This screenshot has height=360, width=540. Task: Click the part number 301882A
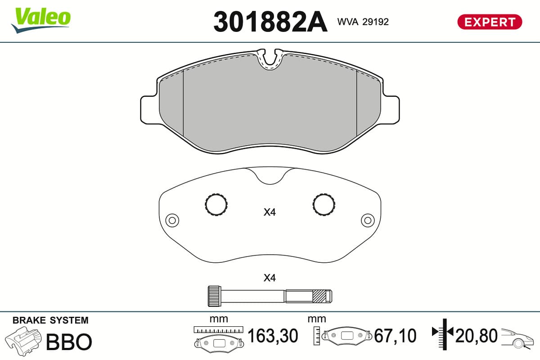(270, 22)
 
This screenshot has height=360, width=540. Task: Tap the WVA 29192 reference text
(363, 22)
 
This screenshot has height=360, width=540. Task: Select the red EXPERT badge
(490, 22)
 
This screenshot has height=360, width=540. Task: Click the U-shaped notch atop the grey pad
(270, 60)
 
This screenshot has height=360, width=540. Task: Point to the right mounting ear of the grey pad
(390, 110)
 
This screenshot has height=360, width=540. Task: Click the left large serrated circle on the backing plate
(216, 204)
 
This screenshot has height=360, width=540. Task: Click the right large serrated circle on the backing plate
(324, 204)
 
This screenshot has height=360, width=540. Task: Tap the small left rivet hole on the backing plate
(172, 220)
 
